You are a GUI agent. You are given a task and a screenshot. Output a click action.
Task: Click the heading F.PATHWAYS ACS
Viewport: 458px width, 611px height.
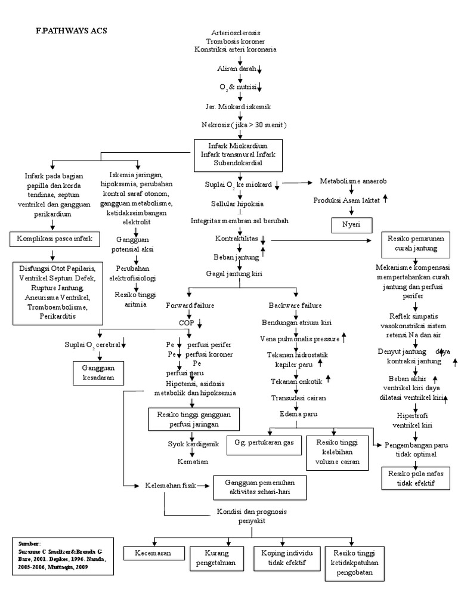point(71,30)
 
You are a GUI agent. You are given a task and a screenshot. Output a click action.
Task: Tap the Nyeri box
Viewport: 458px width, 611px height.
point(352,225)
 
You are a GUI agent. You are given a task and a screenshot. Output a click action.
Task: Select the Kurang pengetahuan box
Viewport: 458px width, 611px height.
point(216,558)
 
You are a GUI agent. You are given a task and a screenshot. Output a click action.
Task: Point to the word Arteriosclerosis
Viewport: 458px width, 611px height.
point(236,32)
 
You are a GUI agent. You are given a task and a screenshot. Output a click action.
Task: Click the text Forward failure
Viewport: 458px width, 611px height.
point(190,305)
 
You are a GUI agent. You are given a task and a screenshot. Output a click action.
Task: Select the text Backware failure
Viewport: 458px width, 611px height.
point(296,305)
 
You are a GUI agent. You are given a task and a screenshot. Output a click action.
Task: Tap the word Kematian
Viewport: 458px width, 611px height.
point(191,462)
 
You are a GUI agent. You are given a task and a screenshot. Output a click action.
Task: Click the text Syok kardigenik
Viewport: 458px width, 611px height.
point(193,444)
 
